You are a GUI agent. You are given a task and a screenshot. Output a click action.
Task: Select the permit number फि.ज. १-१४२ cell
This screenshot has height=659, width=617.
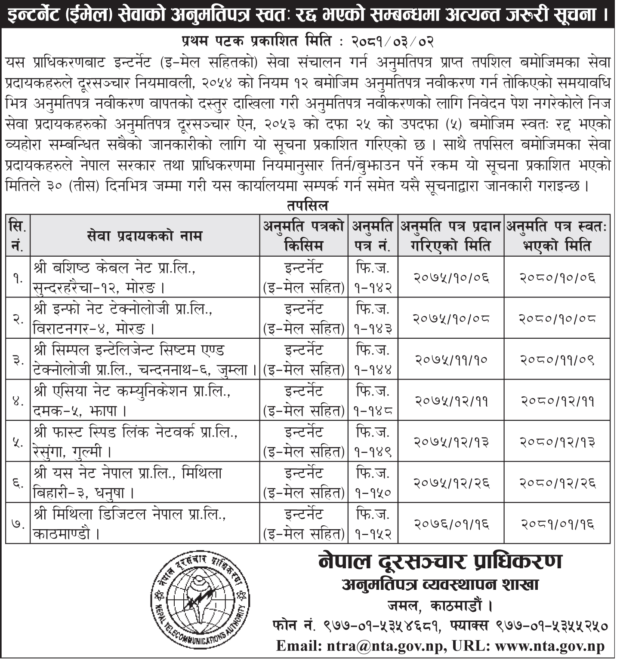click(373, 277)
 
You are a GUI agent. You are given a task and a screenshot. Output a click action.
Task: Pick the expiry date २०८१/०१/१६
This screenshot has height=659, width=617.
click(558, 524)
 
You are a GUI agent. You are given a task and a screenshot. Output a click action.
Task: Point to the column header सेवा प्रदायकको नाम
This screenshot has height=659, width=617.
click(144, 236)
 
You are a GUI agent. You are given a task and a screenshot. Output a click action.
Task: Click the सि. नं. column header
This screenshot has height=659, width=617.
click(18, 236)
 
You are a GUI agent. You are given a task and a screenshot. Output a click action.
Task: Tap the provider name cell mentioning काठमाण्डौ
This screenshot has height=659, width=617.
click(144, 524)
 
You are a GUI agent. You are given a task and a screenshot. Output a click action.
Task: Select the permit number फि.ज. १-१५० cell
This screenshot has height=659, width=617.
click(373, 483)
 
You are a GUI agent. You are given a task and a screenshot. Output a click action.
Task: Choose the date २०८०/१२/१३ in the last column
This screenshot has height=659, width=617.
click(558, 442)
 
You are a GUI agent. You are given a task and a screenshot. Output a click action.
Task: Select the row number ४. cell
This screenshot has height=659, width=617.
click(18, 401)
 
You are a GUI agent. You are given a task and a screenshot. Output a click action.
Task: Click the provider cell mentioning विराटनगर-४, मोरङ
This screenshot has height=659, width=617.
click(144, 319)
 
